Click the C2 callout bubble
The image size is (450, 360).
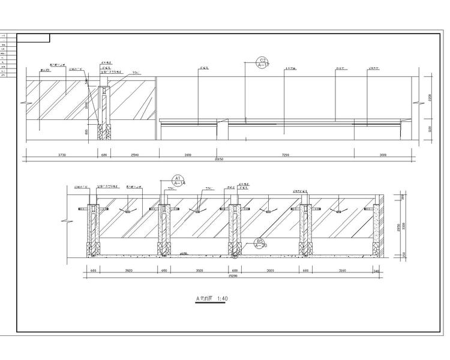point(262,62)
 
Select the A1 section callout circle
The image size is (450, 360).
point(178,181)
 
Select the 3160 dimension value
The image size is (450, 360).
point(343,271)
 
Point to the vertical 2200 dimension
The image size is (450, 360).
point(430,98)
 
